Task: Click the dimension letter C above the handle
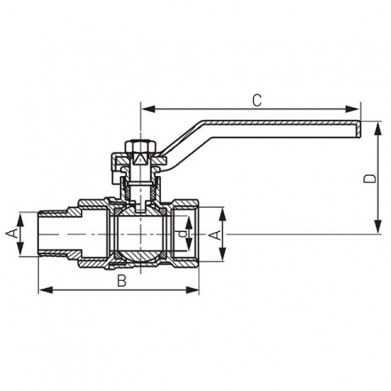coord(256,100)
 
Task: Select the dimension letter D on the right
coord(371,179)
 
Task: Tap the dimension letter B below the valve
coord(121,282)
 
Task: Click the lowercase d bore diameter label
coord(183,235)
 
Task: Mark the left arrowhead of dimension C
coord(146,110)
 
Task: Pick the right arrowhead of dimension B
coord(196,290)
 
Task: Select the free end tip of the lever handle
coord(359,130)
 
